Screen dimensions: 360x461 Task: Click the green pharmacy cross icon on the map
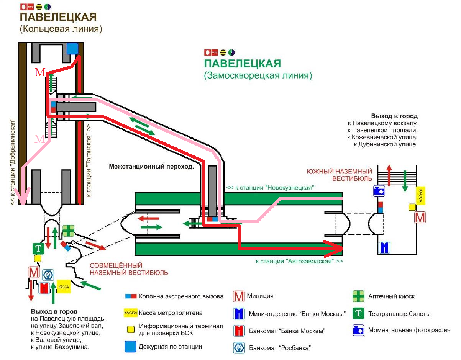[69, 231]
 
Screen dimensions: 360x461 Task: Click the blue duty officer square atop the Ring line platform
[72, 49]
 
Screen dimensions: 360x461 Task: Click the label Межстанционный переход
[151, 167]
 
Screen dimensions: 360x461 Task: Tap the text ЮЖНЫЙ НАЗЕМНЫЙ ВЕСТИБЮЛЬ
[340, 175]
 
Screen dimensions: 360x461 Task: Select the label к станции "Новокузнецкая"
[270, 188]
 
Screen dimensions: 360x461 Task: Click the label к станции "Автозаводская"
[299, 262]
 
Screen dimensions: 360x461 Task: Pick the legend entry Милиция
[260, 296]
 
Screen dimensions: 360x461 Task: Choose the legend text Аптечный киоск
[391, 296]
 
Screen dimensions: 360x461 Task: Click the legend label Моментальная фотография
[409, 330]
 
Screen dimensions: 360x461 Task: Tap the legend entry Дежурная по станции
[171, 347]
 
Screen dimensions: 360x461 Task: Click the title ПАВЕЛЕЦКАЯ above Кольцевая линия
[58, 17]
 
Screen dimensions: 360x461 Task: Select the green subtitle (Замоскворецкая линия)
[258, 75]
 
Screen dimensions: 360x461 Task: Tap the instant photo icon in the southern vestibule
[379, 191]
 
